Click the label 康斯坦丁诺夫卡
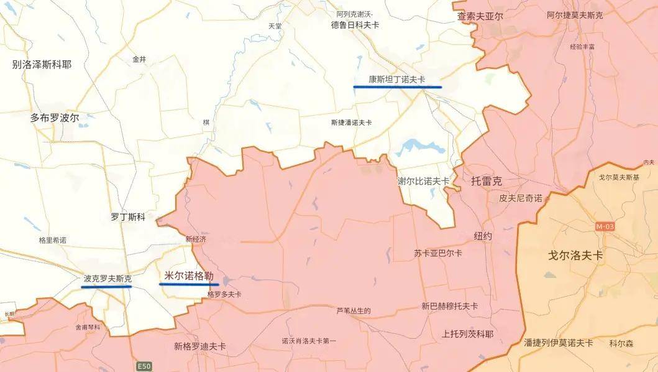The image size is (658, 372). coord(397,79)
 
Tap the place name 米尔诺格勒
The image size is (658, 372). coord(189,276)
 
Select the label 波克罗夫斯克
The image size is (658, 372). coord(107,279)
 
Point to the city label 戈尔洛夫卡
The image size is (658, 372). coord(576,255)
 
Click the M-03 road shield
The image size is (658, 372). coord(604,227)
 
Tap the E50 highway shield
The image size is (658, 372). coord(144,365)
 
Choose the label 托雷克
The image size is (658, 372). coord(487,181)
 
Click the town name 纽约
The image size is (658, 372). coord(483,236)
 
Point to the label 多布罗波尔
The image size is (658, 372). coord(55,117)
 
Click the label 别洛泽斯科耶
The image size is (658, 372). coord(42,64)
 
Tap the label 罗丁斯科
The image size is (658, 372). coord(128,217)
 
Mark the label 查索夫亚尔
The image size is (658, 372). coord(480,16)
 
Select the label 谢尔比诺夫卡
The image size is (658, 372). coord(423,181)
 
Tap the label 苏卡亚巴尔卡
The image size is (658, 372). coord(437,253)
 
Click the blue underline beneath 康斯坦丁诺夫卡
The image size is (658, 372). coord(397,87)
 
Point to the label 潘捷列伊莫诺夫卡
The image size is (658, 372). coord(558,343)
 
